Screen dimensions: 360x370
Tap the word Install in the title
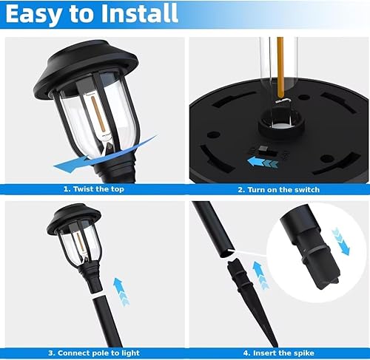(140, 13)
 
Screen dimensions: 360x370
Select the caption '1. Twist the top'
(93, 189)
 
